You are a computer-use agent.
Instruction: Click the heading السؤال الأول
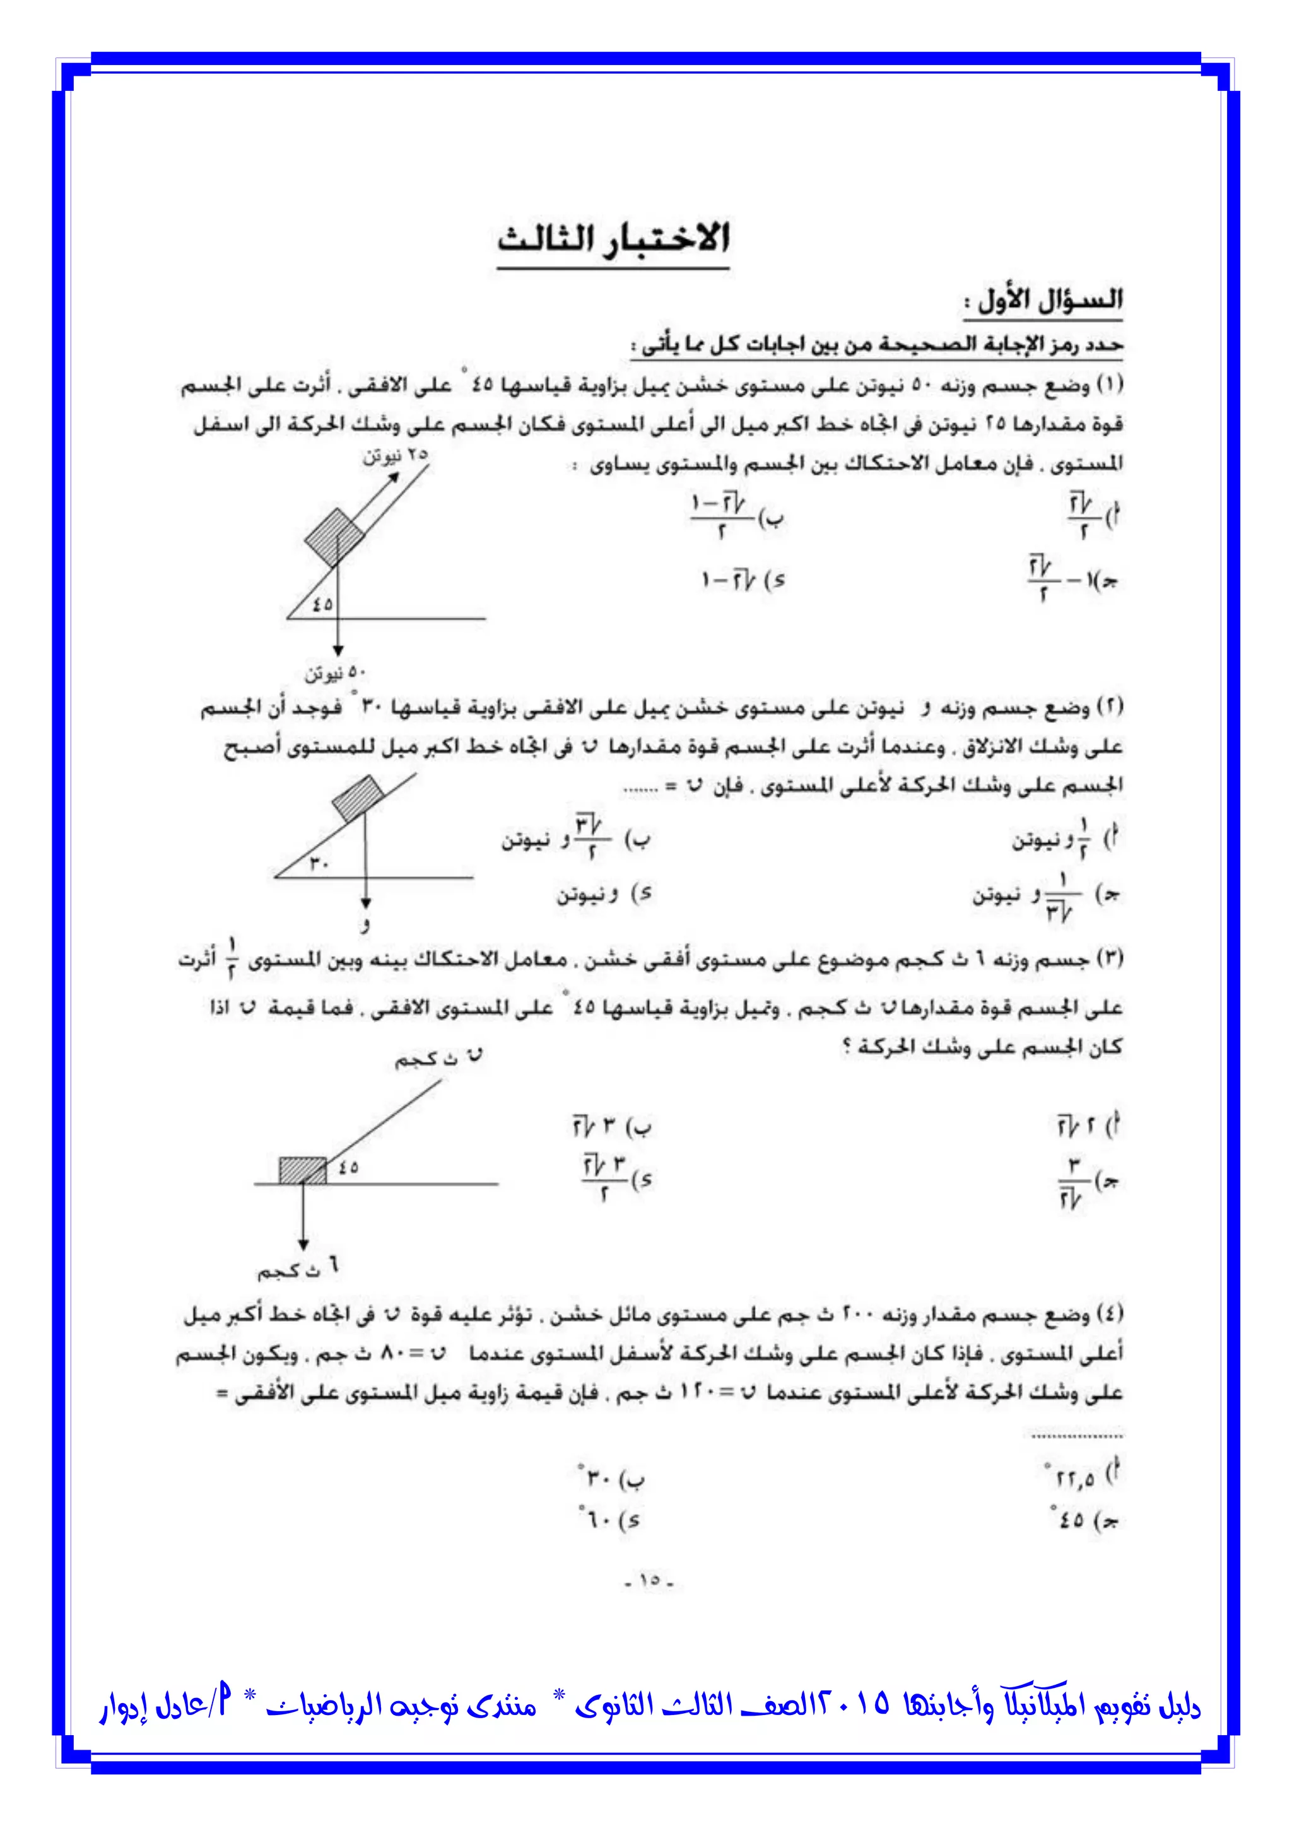[x=1043, y=301]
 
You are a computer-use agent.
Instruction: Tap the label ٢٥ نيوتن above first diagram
[x=396, y=456]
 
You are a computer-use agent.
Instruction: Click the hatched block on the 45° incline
[x=334, y=538]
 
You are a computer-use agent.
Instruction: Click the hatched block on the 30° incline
[x=358, y=798]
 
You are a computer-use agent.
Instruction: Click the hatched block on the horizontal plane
[x=302, y=1171]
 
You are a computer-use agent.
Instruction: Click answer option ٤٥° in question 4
[x=1084, y=1520]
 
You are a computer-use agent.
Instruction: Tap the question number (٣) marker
[x=1109, y=959]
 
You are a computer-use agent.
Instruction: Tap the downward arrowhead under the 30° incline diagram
[x=365, y=903]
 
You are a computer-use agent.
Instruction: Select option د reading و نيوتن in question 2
[x=604, y=895]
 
